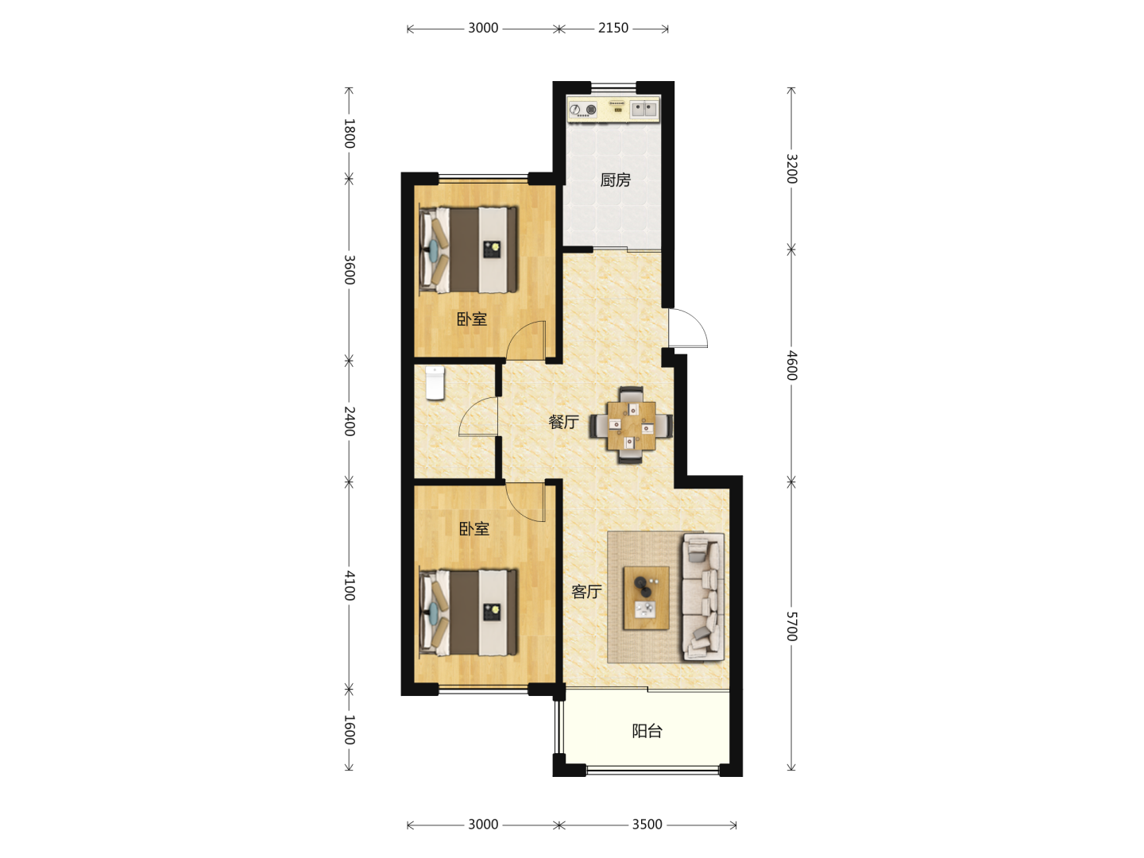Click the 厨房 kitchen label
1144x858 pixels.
pyautogui.click(x=615, y=180)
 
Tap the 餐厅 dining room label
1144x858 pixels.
pyautogui.click(x=563, y=421)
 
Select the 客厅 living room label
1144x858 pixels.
pyautogui.click(x=586, y=591)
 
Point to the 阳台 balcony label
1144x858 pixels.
pyautogui.click(x=647, y=731)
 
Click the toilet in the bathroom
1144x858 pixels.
pyautogui.click(x=435, y=383)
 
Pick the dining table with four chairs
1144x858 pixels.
pyautogui.click(x=631, y=425)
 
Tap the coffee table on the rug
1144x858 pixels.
pyautogui.click(x=646, y=597)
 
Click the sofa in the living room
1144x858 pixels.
pyautogui.click(x=704, y=597)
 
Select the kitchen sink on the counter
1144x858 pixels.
pyautogui.click(x=645, y=110)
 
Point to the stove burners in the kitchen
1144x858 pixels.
pyautogui.click(x=582, y=110)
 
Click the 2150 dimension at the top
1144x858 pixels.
pyautogui.click(x=613, y=28)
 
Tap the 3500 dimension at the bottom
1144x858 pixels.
pyautogui.click(x=647, y=824)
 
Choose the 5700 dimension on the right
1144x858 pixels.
pyautogui.click(x=791, y=626)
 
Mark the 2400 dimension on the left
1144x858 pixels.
pyautogui.click(x=350, y=421)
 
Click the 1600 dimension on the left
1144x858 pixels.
pyautogui.click(x=350, y=730)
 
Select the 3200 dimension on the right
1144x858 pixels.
pyautogui.click(x=791, y=168)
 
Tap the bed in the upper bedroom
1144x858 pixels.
pyautogui.click(x=469, y=249)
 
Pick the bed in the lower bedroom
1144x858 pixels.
pyautogui.click(x=469, y=612)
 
